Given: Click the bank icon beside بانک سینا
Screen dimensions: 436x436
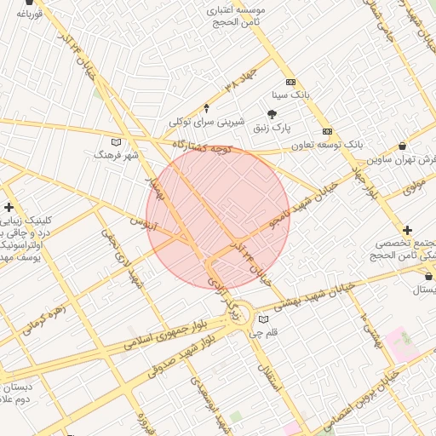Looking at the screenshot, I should [291, 82].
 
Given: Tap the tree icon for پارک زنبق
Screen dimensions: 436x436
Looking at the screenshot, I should [272, 114].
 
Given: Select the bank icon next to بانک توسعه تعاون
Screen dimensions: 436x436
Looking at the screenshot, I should [328, 131].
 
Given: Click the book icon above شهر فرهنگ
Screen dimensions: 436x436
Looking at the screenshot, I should [117, 141].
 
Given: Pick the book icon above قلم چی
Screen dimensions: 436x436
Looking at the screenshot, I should [262, 319].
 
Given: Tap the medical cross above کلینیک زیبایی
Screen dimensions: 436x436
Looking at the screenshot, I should [9, 207].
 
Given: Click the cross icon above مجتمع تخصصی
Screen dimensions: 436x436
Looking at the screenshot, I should [408, 230].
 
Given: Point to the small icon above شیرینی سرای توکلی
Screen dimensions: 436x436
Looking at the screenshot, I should [206, 108].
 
